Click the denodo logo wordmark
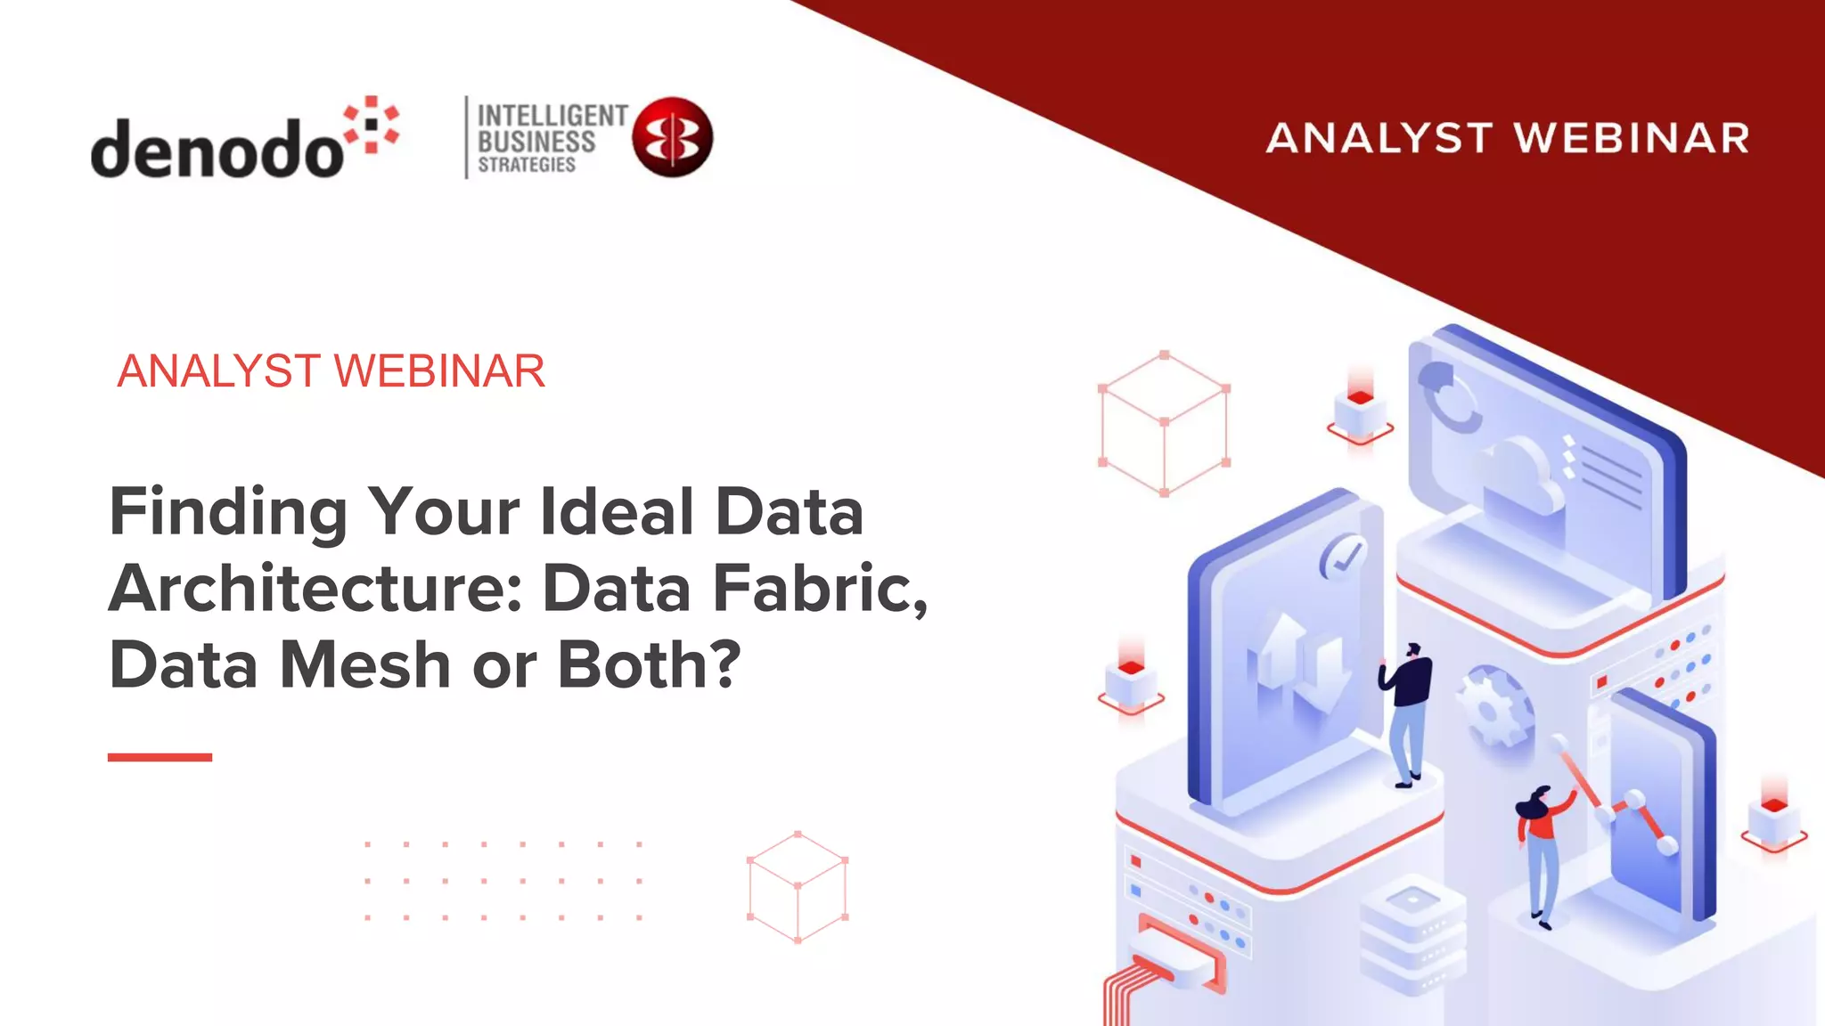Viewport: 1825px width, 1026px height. pyautogui.click(x=217, y=147)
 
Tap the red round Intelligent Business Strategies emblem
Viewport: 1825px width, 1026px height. pyautogui.click(x=673, y=136)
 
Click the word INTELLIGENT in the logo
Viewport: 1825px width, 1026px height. pyautogui.click(x=552, y=116)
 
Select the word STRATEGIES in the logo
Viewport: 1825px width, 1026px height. pyautogui.click(x=527, y=165)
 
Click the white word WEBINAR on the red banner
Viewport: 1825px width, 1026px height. pyautogui.click(x=1632, y=139)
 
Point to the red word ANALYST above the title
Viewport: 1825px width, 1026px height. pyautogui.click(x=218, y=370)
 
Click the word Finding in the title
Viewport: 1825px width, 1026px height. pyautogui.click(x=228, y=512)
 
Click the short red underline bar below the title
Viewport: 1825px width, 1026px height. pyautogui.click(x=160, y=757)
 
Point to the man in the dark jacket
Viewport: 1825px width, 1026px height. pyautogui.click(x=1407, y=712)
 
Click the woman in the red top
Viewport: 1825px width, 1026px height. pyautogui.click(x=1541, y=851)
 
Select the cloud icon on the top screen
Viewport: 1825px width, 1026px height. pyautogui.click(x=1519, y=476)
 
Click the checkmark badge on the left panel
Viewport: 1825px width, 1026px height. pyautogui.click(x=1342, y=557)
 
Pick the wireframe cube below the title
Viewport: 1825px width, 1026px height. pyautogui.click(x=798, y=887)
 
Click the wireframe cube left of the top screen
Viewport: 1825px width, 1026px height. pyautogui.click(x=1164, y=423)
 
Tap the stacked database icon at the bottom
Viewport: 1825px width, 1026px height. pyautogui.click(x=1412, y=935)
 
